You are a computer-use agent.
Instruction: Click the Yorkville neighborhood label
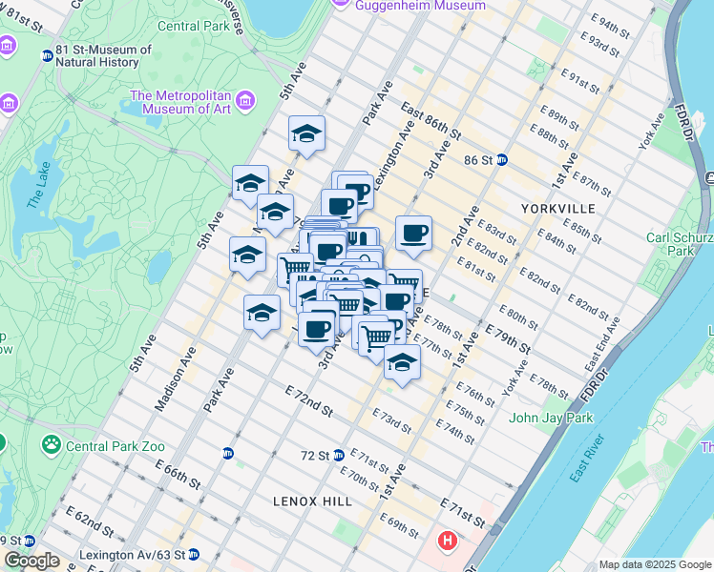[x=558, y=208]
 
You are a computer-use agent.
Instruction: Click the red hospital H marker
[x=446, y=541]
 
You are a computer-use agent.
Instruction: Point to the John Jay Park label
[x=551, y=418]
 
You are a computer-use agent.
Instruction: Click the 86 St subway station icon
[x=501, y=160]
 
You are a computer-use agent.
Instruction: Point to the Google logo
[x=31, y=561]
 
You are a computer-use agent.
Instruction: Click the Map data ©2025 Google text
[x=654, y=564]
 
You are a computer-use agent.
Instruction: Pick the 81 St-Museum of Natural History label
[x=103, y=55]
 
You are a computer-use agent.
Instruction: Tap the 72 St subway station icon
[x=339, y=455]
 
